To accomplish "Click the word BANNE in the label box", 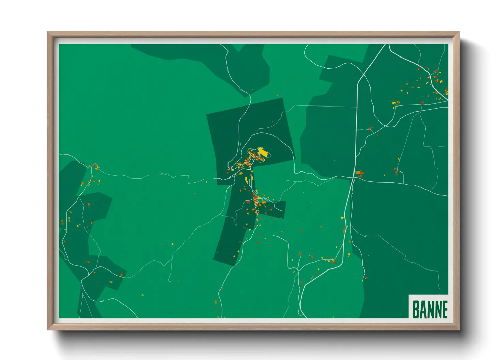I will click(x=430, y=309).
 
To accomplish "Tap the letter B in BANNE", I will click(x=415, y=309).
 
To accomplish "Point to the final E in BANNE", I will click(x=445, y=309).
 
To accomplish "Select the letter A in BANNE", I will click(x=422, y=309).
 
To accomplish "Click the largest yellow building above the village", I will click(x=263, y=151).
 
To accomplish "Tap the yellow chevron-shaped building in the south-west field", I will click(x=142, y=295).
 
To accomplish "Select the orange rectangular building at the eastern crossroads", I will click(x=359, y=173).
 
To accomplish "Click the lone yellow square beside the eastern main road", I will click(x=342, y=217).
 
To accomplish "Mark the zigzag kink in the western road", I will click(x=167, y=175).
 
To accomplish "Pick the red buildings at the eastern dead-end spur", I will click(x=396, y=170).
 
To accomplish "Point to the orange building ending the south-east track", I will click(x=366, y=278).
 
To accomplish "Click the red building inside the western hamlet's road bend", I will click(x=96, y=167).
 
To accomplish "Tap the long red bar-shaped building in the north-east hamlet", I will click(x=435, y=71).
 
